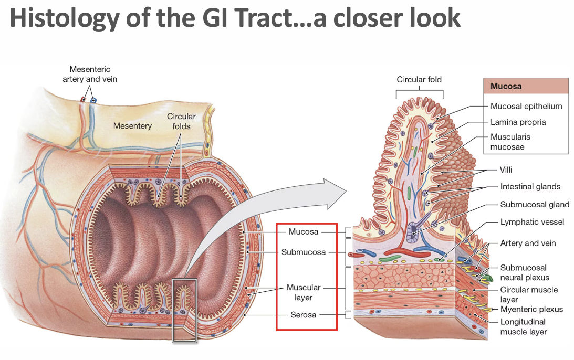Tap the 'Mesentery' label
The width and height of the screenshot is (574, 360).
[x=132, y=126]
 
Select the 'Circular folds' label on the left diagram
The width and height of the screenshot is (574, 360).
[x=181, y=121]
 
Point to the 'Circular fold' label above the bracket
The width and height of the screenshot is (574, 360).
[x=419, y=80]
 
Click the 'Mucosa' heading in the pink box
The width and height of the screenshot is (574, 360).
[x=506, y=86]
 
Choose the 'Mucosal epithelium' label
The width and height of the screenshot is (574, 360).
[x=526, y=106]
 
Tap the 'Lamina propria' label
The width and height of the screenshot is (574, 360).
[x=518, y=122]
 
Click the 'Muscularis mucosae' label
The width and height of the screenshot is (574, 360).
[x=510, y=142]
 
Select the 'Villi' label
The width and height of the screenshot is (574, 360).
[x=506, y=170]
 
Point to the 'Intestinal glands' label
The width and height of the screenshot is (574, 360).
[x=530, y=187]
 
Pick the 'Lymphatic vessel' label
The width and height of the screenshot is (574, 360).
[x=532, y=222]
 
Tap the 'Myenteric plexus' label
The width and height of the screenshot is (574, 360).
[x=531, y=309]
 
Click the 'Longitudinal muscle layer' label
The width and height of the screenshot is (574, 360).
[x=523, y=326]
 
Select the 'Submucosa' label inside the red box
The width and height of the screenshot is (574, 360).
[x=304, y=252]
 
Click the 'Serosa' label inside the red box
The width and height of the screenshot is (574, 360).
[x=304, y=315]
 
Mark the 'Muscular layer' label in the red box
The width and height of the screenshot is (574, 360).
[x=304, y=292]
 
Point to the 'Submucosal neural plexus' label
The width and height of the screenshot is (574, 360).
[x=524, y=272]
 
